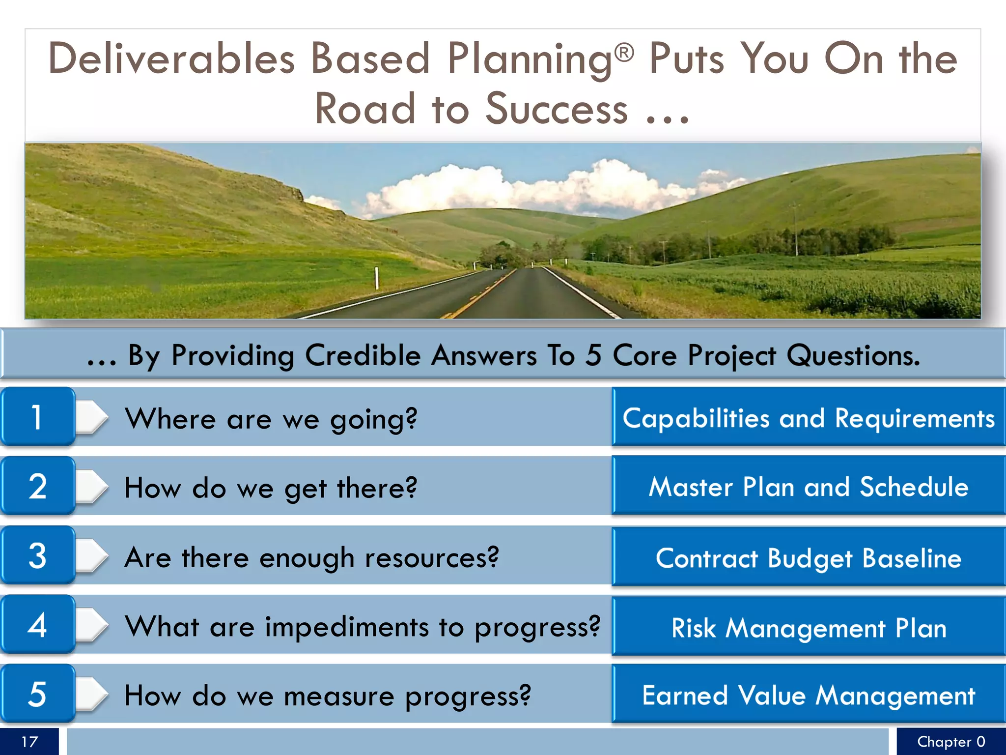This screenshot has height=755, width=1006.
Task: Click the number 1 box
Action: pyautogui.click(x=37, y=417)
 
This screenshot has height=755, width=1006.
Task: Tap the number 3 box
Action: pyautogui.click(x=37, y=555)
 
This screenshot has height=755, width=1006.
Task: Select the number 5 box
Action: pyautogui.click(x=37, y=694)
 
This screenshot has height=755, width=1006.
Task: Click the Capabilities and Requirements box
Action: pyautogui.click(x=809, y=417)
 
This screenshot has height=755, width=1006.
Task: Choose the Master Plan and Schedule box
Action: pyautogui.click(x=809, y=486)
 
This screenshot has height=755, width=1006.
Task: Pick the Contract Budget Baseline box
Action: pyautogui.click(x=809, y=557)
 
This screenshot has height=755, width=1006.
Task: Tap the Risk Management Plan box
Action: pyautogui.click(x=809, y=627)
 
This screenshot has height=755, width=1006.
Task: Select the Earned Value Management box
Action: pyautogui.click(x=809, y=695)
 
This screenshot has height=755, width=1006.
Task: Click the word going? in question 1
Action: pyautogui.click(x=373, y=419)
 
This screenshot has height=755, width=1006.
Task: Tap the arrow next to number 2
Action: pyautogui.click(x=92, y=486)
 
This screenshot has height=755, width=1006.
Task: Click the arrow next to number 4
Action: pyautogui.click(x=92, y=625)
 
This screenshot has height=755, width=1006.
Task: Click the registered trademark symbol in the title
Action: pyautogui.click(x=624, y=52)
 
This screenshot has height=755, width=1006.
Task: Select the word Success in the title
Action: pyautogui.click(x=556, y=109)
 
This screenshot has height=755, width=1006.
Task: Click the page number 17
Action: pyautogui.click(x=29, y=741)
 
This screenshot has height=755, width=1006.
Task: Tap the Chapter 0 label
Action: pyautogui.click(x=950, y=741)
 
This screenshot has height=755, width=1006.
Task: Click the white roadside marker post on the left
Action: pyautogui.click(x=377, y=278)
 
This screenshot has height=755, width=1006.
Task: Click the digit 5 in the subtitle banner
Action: pyautogui.click(x=593, y=355)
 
